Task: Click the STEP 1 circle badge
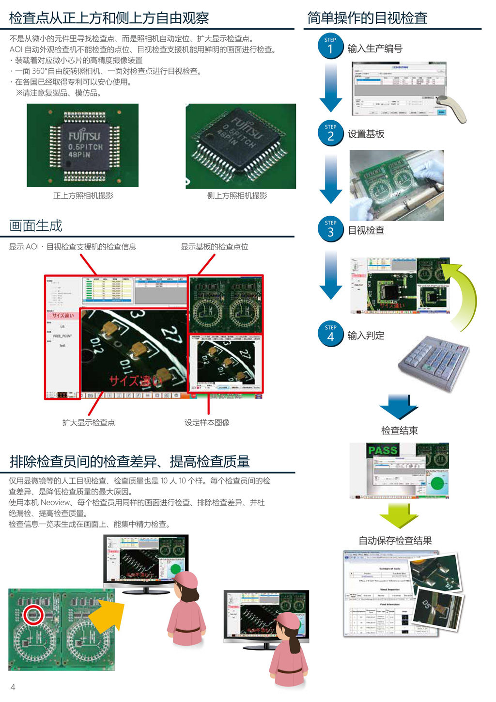pyautogui.click(x=330, y=46)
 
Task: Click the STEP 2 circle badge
pyautogui.click(x=330, y=133)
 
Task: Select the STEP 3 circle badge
pyautogui.click(x=330, y=229)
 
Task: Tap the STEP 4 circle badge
pyautogui.click(x=330, y=334)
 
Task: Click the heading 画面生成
pyautogui.click(x=36, y=226)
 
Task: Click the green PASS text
pyautogui.click(x=382, y=450)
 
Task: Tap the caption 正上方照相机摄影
pyautogui.click(x=83, y=196)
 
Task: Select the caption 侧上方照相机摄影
pyautogui.click(x=237, y=196)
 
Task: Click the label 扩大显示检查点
pyautogui.click(x=89, y=423)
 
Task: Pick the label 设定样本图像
pyautogui.click(x=207, y=423)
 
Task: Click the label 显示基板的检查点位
pyautogui.click(x=214, y=247)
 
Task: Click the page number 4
pyautogui.click(x=13, y=687)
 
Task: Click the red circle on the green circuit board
pyautogui.click(x=33, y=615)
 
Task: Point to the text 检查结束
pyautogui.click(x=399, y=431)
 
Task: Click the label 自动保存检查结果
pyautogui.click(x=395, y=541)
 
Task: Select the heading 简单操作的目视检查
pyautogui.click(x=367, y=18)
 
